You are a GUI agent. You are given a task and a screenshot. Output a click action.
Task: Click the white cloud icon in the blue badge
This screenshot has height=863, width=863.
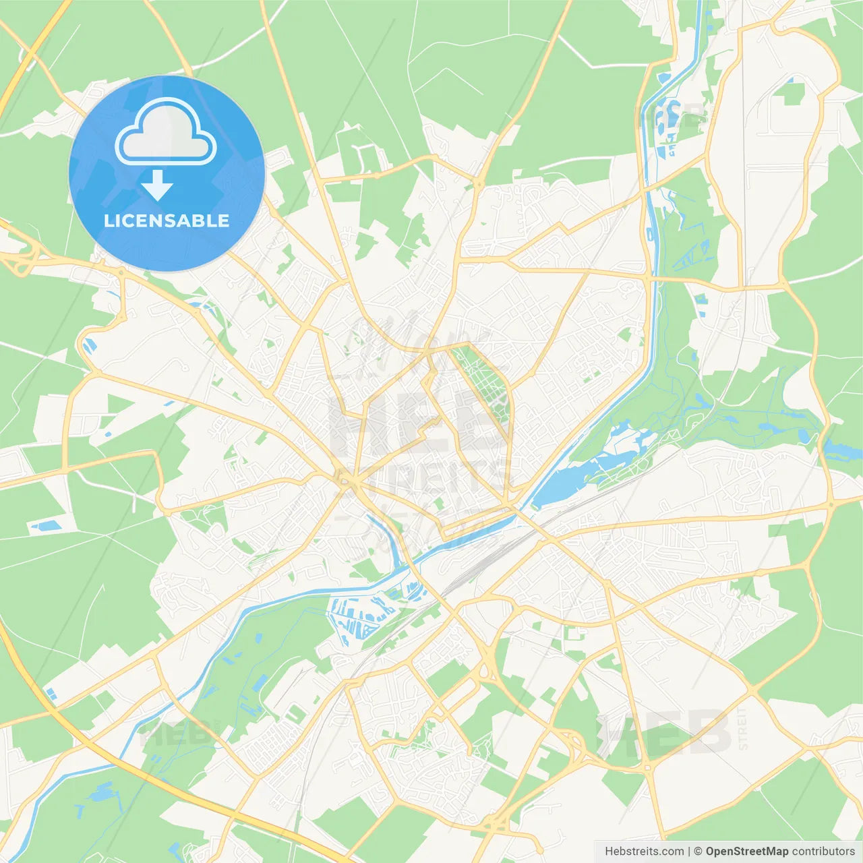[x=166, y=132]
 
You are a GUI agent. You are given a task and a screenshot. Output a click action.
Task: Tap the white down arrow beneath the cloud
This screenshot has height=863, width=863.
[x=157, y=185]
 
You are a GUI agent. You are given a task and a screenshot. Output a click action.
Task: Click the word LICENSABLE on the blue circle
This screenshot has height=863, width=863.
[x=167, y=220]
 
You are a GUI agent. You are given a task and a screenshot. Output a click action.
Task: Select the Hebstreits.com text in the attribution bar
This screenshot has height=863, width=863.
[x=644, y=852]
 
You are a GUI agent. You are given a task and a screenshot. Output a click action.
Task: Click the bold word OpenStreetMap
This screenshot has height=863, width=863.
[x=746, y=852]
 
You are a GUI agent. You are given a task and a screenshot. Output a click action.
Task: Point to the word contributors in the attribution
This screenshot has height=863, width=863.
[x=823, y=852]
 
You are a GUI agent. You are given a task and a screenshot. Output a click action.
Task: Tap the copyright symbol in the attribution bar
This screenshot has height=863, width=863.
[x=698, y=852]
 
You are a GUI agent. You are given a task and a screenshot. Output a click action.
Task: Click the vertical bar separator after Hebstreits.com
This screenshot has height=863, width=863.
[x=689, y=852]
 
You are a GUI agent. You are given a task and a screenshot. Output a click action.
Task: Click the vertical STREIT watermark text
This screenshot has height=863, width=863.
[x=743, y=728]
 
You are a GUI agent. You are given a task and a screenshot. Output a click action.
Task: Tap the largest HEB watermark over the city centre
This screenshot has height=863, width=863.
[x=418, y=425]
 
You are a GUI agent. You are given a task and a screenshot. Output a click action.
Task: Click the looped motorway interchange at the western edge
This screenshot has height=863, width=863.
[x=24, y=260]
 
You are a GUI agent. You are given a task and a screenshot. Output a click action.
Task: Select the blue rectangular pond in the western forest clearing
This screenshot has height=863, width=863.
[x=46, y=525]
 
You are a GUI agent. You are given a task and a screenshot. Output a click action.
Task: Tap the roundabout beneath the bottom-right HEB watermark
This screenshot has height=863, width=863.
[x=647, y=767]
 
